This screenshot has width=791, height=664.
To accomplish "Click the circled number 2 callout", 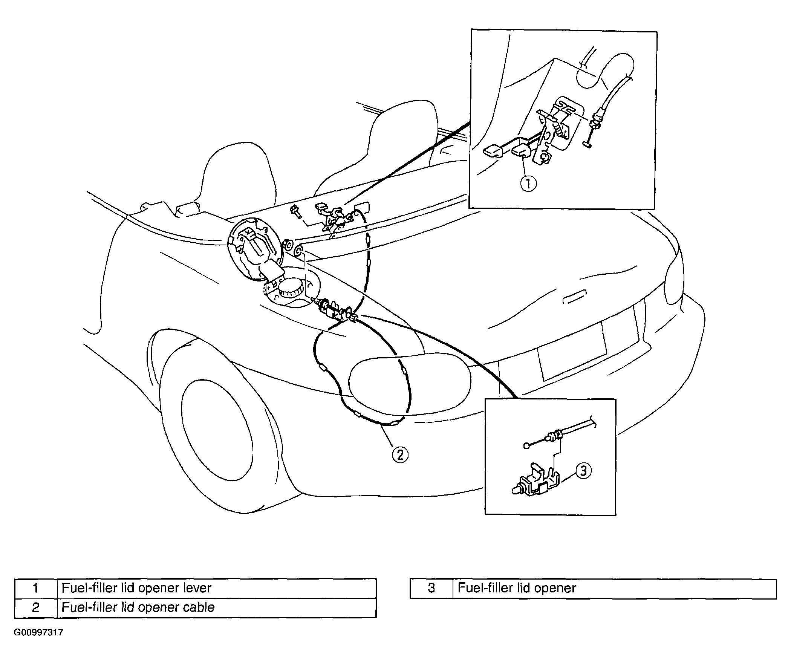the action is click(x=400, y=454).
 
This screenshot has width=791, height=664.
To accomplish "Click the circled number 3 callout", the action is click(x=583, y=471).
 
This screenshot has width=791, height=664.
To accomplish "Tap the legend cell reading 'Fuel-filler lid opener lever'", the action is click(x=217, y=588).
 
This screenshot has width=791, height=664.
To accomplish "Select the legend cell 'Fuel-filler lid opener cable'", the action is click(x=217, y=608).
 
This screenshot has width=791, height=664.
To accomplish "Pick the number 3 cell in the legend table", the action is click(x=431, y=588).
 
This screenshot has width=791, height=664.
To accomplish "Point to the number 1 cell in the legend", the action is click(x=36, y=588).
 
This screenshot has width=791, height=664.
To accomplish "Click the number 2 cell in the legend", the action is click(x=36, y=608).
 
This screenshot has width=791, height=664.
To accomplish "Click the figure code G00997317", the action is click(x=38, y=632).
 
